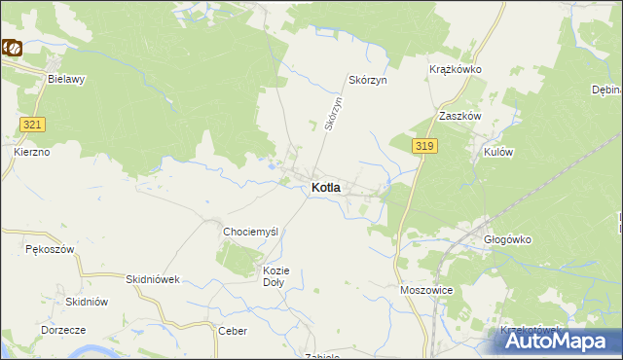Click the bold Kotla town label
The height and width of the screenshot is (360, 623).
325,188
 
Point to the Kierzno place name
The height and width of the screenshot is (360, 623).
32,153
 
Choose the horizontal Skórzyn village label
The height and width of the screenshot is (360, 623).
368,80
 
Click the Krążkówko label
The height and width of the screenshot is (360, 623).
456,70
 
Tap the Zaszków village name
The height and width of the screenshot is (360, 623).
460,115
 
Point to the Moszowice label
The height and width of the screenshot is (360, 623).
426,290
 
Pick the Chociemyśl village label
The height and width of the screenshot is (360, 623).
251,232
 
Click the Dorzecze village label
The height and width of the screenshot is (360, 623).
64,330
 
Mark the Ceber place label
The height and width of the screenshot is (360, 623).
233,331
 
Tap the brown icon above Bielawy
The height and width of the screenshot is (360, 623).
13,46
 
